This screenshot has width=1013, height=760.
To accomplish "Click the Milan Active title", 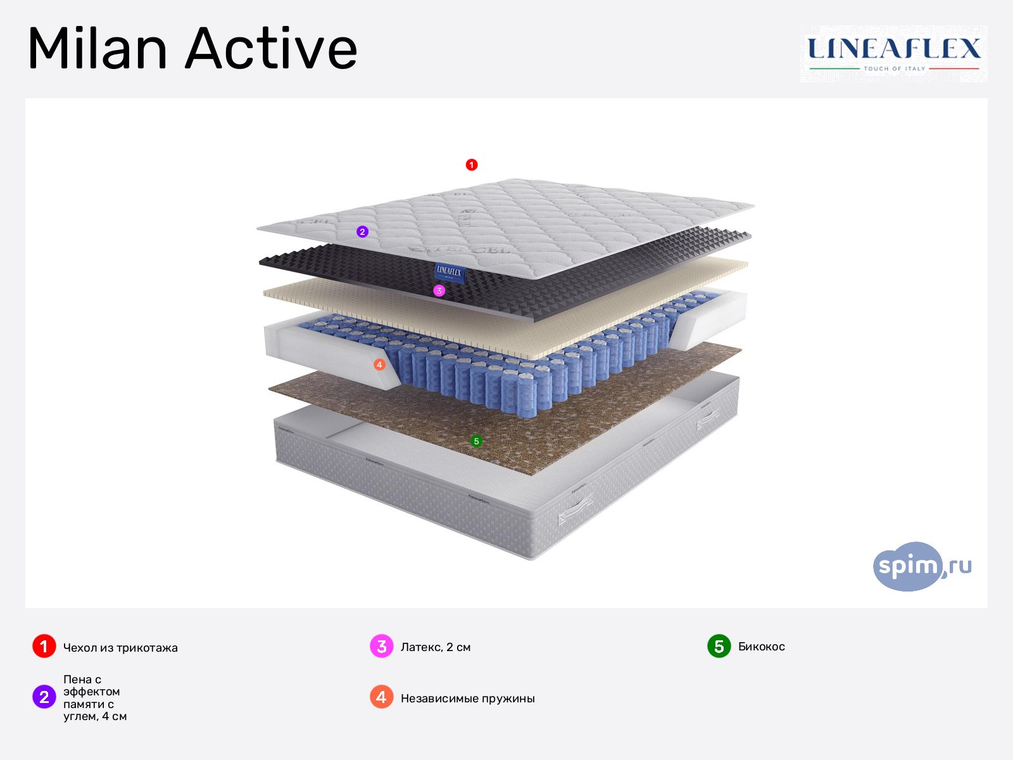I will [x=192, y=49].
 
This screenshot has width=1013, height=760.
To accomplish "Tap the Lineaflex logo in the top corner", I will [x=893, y=53].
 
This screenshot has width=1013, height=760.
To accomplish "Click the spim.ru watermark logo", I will [x=921, y=566].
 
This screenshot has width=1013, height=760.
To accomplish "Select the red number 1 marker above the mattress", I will [x=471, y=165].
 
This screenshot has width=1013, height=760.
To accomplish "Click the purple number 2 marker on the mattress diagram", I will [x=362, y=232].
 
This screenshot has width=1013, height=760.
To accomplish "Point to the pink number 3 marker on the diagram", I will [x=439, y=291].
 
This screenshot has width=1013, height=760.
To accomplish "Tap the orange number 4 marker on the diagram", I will [x=379, y=365].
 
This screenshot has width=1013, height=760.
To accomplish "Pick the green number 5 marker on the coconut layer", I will [x=477, y=441].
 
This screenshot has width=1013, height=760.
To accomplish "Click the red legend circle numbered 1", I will [x=44, y=647].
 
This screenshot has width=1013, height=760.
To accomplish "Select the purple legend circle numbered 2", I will [x=44, y=697].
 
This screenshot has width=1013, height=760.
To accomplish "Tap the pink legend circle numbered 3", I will [x=381, y=647].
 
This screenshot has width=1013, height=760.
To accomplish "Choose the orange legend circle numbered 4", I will [x=381, y=697].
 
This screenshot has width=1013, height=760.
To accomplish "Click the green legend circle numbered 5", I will [x=719, y=646].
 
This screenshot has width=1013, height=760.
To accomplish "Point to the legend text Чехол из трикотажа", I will [x=120, y=648].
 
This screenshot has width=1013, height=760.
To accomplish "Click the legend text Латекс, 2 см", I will [x=436, y=647].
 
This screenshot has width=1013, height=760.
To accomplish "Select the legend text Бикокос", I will [x=762, y=647].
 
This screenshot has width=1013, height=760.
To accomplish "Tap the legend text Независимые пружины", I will [x=468, y=699].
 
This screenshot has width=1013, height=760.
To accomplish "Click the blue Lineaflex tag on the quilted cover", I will [x=450, y=272].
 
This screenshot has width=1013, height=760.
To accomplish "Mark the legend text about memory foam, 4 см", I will [x=94, y=698].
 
